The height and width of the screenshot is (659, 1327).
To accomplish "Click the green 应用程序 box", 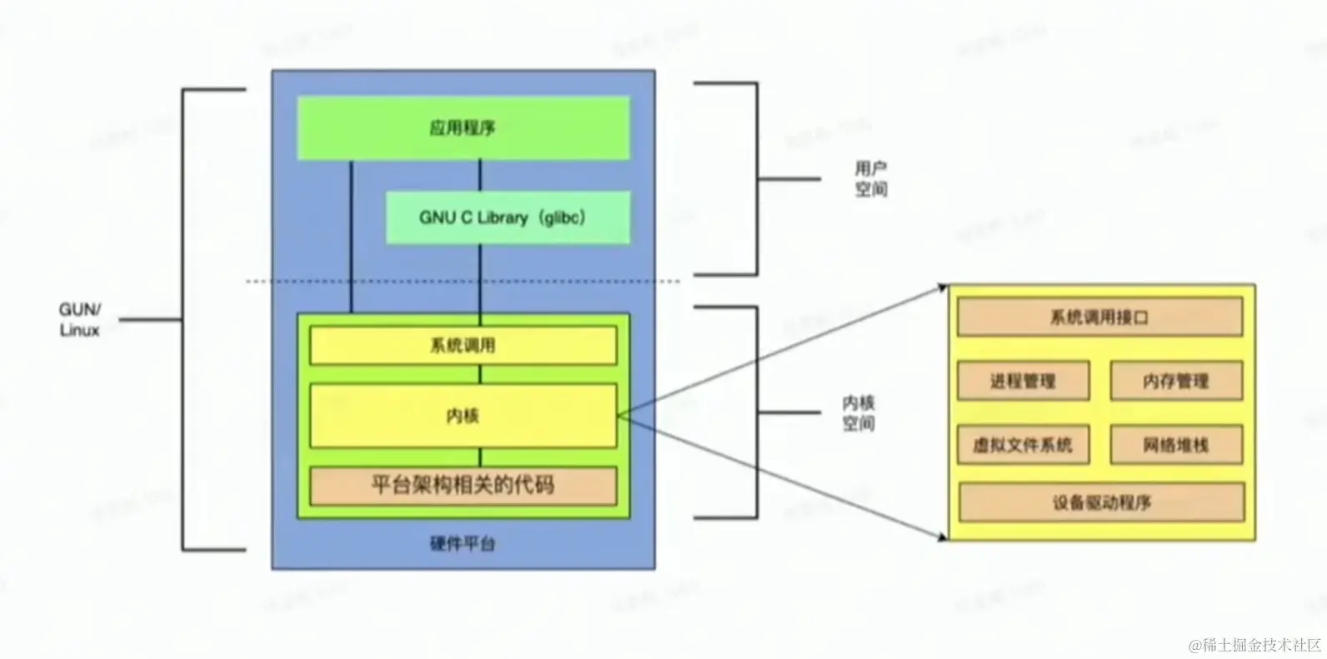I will tap(463, 127).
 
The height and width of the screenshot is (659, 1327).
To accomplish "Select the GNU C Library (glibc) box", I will tap(507, 217).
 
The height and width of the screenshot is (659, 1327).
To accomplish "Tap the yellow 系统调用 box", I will tap(463, 345).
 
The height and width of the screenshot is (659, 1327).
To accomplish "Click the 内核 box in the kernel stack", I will tap(463, 415).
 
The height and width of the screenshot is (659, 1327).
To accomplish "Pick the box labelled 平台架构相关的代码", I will tap(463, 485).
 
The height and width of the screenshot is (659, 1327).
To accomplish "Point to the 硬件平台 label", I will tap(463, 544).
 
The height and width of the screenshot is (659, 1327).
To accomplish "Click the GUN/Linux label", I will tap(80, 320).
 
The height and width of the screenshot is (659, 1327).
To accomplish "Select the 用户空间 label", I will tap(871, 179).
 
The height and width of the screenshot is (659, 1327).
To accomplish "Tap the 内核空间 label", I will tap(859, 413).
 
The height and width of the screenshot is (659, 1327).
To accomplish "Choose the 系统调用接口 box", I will tap(1099, 317).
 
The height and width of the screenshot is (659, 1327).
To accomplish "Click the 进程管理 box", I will tap(1023, 382).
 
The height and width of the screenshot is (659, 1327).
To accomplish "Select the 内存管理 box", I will tap(1175, 382).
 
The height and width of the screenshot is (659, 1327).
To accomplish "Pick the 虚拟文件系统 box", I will tap(1023, 446).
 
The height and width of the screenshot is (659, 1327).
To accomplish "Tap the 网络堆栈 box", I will tap(1175, 446).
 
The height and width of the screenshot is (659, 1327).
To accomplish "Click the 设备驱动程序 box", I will tap(1101, 503).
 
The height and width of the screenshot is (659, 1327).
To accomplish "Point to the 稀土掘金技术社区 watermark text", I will tap(1255, 644).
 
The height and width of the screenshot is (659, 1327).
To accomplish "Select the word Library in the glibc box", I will tap(503, 217).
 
